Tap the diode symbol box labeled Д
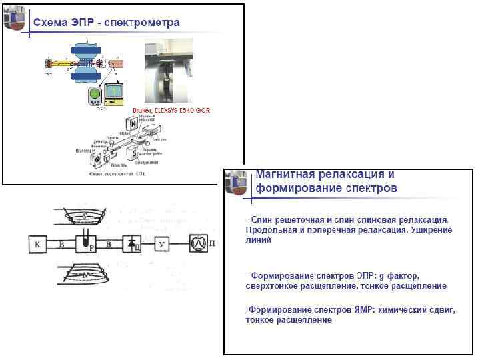pyautogui.click(x=132, y=245)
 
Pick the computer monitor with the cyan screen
pyautogui.click(x=114, y=91)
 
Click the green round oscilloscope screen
pyautogui.click(x=95, y=95)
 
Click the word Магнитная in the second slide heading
pyautogui.click(x=283, y=175)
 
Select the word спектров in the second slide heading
pyautogui.click(x=369, y=188)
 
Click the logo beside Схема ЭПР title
pyautogui.click(x=15, y=20)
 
